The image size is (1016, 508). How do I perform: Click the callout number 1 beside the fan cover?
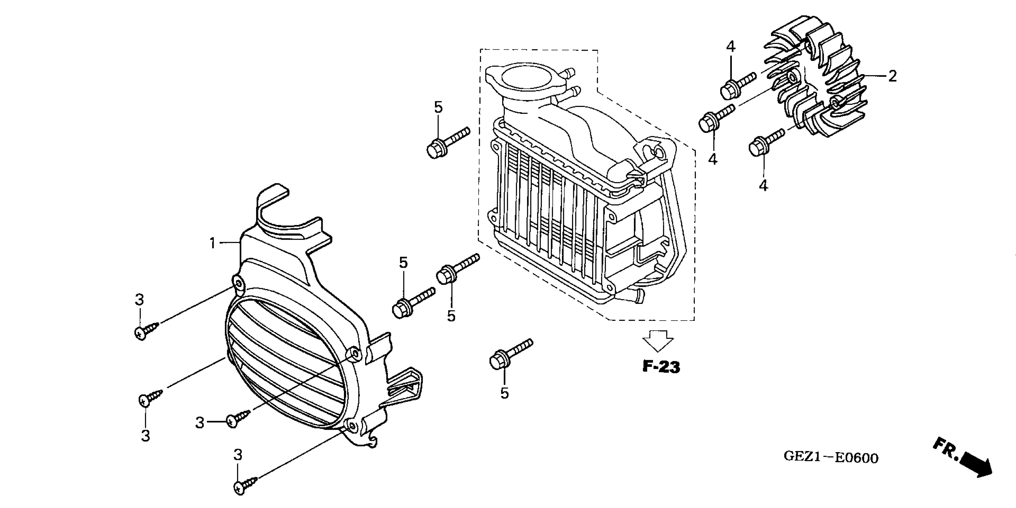212,243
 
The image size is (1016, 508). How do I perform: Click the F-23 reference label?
661,367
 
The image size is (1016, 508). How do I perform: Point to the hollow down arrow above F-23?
658,340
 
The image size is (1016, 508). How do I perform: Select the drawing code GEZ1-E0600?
831,457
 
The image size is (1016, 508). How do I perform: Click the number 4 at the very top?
731,47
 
